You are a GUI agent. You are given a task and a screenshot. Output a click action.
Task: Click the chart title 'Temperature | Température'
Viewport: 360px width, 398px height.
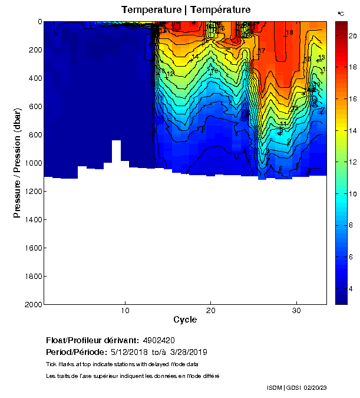point(186,10)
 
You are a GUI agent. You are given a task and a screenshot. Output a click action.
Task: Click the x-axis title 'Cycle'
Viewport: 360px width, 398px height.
point(185,320)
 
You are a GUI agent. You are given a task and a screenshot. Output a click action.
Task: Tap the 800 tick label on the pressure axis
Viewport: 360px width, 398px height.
point(35,134)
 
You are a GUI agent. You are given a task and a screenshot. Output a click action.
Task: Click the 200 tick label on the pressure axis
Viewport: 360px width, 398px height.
point(35,50)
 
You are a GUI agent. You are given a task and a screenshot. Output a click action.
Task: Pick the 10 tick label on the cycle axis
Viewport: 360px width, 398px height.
point(125,311)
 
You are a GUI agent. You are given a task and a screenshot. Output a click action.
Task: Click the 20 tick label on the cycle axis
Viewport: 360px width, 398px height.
point(211,311)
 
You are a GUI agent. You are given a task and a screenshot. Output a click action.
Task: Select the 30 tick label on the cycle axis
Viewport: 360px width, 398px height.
point(297,311)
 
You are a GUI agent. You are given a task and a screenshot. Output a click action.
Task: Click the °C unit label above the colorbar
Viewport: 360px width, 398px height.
point(341,13)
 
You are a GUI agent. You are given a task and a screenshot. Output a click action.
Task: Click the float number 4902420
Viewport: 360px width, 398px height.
point(158,340)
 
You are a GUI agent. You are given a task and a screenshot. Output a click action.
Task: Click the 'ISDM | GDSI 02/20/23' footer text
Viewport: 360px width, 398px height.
point(297,387)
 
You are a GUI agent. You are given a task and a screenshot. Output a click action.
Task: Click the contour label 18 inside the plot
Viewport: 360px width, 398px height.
point(289,32)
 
